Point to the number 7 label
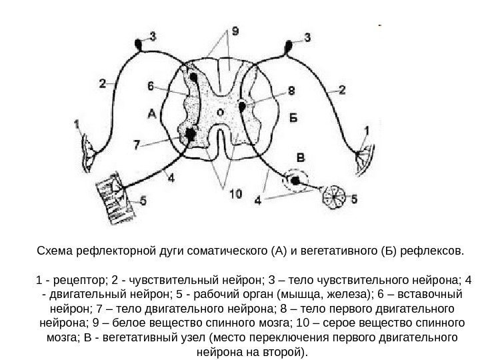[136, 144]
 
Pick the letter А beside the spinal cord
[151, 114]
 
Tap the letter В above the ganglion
[301, 157]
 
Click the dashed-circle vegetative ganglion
[294, 180]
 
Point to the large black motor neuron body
[191, 134]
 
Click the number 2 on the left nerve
[102, 84]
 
